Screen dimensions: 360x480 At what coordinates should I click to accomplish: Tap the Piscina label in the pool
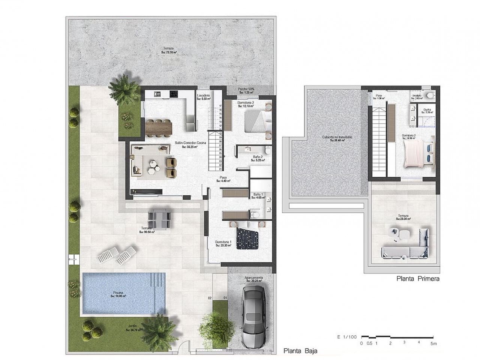[118, 294]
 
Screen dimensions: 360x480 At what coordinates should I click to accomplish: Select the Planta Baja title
[300, 351]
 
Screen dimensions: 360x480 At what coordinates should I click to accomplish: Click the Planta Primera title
[417, 279]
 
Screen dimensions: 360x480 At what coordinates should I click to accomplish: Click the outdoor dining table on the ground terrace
[159, 218]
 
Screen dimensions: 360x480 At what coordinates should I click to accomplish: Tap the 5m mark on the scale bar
[434, 343]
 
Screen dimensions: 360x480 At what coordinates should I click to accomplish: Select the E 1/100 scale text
[347, 337]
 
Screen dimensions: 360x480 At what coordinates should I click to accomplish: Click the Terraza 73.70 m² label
[169, 50]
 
